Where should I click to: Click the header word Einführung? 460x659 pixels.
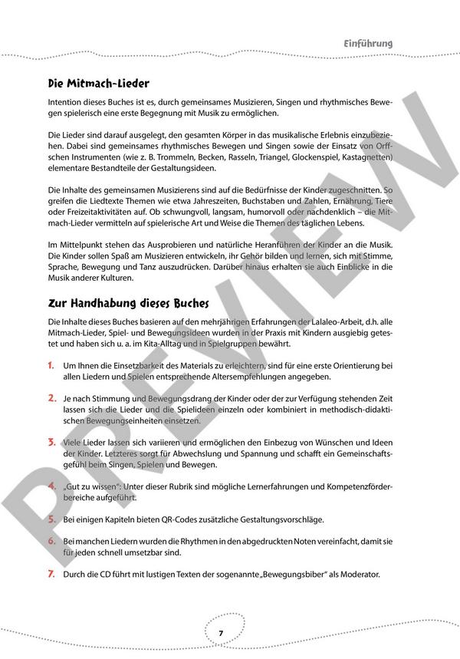(x=368, y=44)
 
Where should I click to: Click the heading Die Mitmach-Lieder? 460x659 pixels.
(x=97, y=83)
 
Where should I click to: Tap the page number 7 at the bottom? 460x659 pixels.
(x=220, y=633)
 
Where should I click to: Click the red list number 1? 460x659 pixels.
(x=51, y=366)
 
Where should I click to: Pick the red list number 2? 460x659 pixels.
(x=51, y=399)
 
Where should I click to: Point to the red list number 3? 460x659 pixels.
(x=51, y=443)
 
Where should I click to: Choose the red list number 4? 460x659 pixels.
(x=51, y=486)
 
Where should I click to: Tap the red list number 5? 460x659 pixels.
(x=51, y=519)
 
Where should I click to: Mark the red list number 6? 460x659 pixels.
(x=51, y=541)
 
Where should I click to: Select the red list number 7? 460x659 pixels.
(x=51, y=574)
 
